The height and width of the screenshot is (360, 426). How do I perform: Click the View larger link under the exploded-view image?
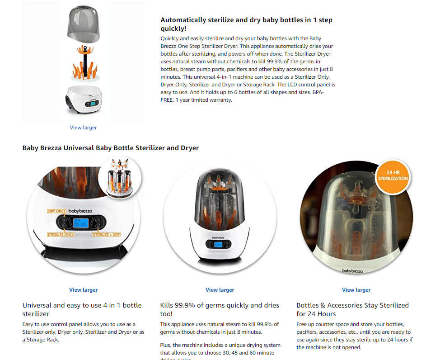pos(83,128)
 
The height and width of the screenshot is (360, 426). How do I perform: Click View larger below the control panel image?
pos(83,290)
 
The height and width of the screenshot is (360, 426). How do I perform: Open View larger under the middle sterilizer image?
pos(220,290)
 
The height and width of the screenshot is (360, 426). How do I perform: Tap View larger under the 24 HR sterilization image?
pos(356,290)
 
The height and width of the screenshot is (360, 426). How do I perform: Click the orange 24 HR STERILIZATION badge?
pos(393,176)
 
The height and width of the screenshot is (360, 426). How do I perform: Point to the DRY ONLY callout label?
pos(57,211)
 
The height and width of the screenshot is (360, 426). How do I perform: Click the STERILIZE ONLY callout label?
pos(61,235)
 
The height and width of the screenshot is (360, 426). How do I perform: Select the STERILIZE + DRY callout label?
pos(107,235)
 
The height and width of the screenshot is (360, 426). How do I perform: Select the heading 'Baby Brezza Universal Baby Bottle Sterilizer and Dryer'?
pos(111,148)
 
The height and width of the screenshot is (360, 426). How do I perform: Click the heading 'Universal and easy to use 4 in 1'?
pos(82,309)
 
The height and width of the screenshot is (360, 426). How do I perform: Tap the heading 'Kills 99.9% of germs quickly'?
pos(220,309)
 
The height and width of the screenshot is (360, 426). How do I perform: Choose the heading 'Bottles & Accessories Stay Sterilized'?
pos(352,309)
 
